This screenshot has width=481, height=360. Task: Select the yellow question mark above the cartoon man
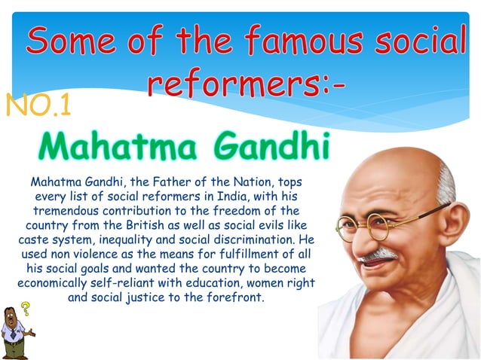(26, 307)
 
